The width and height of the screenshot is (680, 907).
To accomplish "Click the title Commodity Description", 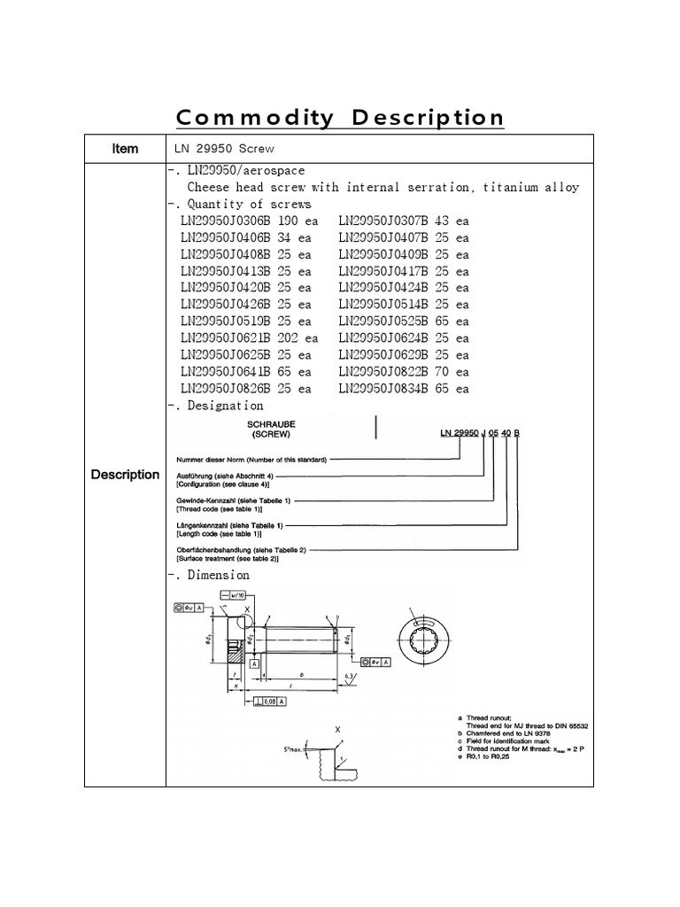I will (340, 118).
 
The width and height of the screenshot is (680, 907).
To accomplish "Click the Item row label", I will (125, 149).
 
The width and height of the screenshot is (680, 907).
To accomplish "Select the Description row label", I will (125, 475).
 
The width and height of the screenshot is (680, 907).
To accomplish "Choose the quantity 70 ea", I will (451, 372).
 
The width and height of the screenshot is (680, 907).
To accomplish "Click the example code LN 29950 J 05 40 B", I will (480, 432).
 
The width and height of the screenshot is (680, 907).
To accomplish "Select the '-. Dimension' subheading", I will (209, 575).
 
